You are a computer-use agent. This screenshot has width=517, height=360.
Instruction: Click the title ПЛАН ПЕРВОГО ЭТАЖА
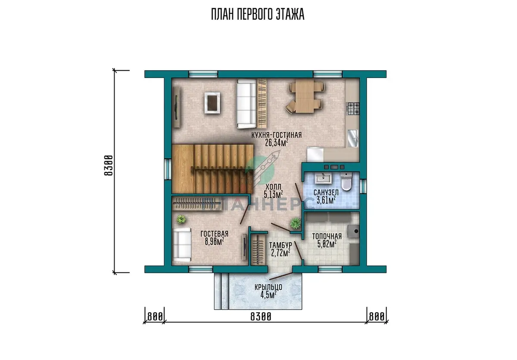[x=258, y=14]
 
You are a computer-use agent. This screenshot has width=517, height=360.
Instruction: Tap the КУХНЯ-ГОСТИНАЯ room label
[x=277, y=135]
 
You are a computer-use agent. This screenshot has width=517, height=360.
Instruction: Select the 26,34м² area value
[x=277, y=143]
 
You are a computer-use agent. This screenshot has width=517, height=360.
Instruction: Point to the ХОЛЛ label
[x=274, y=186]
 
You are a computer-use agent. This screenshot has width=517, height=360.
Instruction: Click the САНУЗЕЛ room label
[x=326, y=192]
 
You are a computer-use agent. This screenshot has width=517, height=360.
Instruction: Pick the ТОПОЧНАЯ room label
[x=327, y=236]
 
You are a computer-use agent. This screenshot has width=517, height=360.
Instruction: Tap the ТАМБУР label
[x=280, y=245]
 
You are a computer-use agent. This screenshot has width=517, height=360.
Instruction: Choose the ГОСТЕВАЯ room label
[x=215, y=234]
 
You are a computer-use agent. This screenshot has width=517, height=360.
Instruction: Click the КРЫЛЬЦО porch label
[x=268, y=287]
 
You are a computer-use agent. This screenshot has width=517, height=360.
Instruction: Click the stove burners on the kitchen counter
[x=353, y=109]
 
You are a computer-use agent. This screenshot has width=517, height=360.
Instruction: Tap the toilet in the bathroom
[x=346, y=182]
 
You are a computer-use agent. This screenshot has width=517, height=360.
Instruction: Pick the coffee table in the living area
[x=212, y=103]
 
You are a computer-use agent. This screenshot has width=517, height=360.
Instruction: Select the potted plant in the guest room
[x=181, y=219]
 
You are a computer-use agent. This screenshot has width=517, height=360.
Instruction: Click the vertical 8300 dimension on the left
[x=109, y=165]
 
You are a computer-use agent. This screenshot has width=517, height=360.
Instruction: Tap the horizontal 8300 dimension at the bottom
[x=261, y=317]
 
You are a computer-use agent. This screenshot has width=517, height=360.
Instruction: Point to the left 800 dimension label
[x=155, y=317]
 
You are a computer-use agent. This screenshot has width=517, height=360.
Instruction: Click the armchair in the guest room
[x=182, y=245]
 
